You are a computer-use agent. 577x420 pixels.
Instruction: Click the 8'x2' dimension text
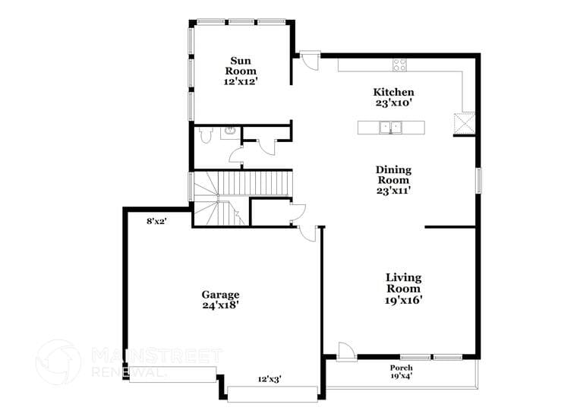pos(156,221)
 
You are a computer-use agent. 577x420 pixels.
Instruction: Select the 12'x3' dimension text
pos(270,379)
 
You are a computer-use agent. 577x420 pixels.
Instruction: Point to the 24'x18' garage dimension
pos(220,305)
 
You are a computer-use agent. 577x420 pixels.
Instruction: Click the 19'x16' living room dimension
pos(403,300)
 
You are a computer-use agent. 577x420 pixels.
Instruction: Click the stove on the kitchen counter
pos(399,65)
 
